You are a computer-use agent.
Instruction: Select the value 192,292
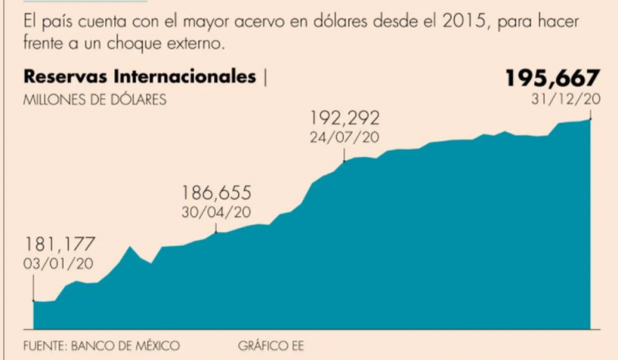click(x=345, y=119)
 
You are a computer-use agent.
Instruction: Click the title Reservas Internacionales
click(x=140, y=77)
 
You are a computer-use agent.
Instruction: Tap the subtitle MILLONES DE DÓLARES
click(x=95, y=99)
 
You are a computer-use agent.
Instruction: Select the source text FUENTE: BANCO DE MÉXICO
click(x=101, y=345)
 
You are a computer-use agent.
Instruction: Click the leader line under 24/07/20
click(x=345, y=154)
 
